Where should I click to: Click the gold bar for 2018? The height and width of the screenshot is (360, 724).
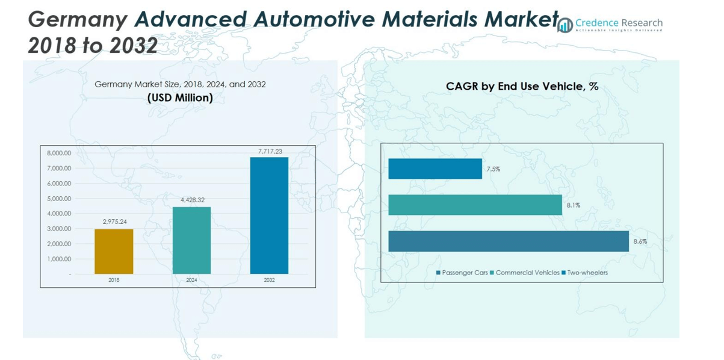[114, 251]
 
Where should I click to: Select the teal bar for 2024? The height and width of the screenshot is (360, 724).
[191, 240]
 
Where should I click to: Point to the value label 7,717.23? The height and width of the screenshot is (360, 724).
[270, 152]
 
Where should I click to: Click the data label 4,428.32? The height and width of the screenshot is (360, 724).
[192, 200]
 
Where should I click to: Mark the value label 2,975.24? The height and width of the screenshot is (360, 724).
[114, 222]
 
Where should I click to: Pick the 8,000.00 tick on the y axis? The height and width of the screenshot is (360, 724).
[59, 154]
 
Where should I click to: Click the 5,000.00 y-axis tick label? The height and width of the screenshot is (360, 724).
[59, 199]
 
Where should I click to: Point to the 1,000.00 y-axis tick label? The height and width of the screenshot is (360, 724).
[59, 259]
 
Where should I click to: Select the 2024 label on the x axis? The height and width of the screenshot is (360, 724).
[191, 280]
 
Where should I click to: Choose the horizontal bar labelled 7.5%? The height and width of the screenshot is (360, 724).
[435, 169]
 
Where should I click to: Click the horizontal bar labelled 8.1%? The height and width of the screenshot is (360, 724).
[475, 205]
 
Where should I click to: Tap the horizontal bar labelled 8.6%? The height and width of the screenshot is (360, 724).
[509, 241]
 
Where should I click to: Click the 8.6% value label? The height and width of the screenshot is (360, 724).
[640, 241]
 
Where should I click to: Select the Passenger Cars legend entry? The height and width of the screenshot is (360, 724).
[462, 273]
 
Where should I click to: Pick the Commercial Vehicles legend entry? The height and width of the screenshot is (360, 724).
[525, 273]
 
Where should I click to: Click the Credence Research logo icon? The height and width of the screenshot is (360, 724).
[565, 25]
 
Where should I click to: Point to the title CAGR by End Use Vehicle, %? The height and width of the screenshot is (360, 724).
[522, 87]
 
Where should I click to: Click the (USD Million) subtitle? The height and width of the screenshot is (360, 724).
[180, 98]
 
